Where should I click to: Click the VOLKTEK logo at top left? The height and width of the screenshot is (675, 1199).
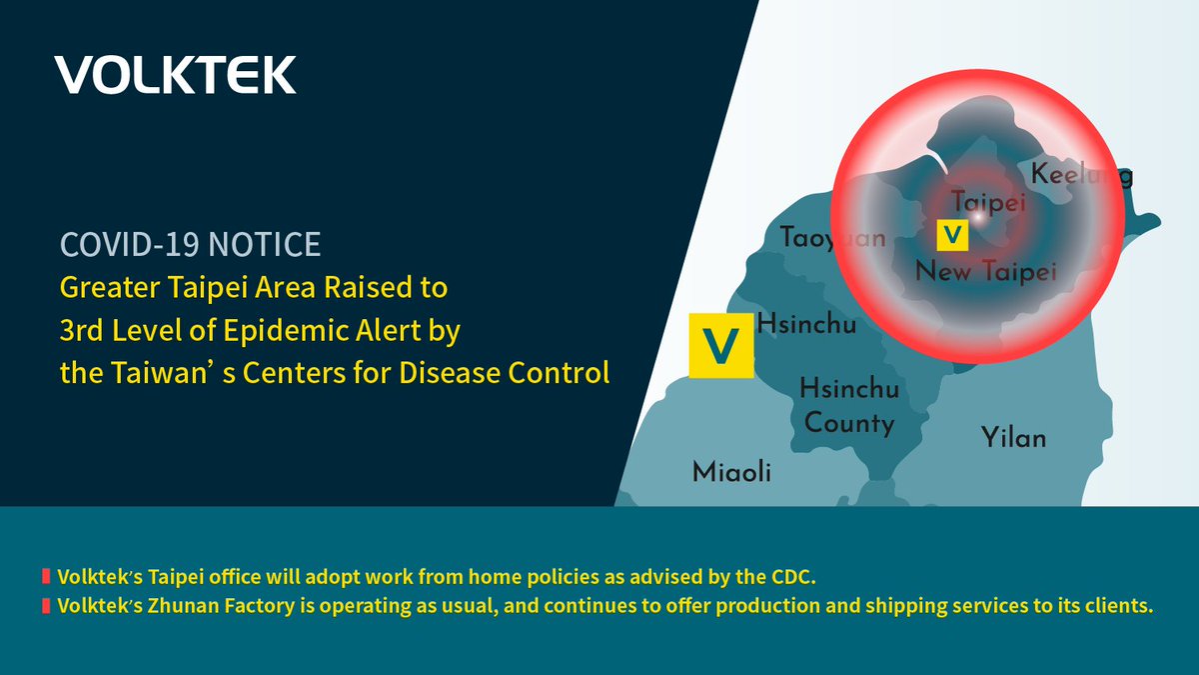click(175, 75)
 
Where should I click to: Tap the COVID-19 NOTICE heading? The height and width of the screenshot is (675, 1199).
click(191, 243)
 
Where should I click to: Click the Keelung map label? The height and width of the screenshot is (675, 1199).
click(1081, 176)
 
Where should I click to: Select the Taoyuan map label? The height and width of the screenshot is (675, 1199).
click(832, 238)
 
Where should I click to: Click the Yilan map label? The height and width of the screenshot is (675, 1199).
click(1013, 438)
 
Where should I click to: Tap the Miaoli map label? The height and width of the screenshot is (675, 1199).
click(731, 472)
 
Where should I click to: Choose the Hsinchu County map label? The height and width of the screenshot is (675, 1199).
click(849, 406)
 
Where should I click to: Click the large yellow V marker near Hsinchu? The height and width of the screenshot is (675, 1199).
click(720, 346)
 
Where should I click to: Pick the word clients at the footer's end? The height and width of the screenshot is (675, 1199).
click(1123, 605)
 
